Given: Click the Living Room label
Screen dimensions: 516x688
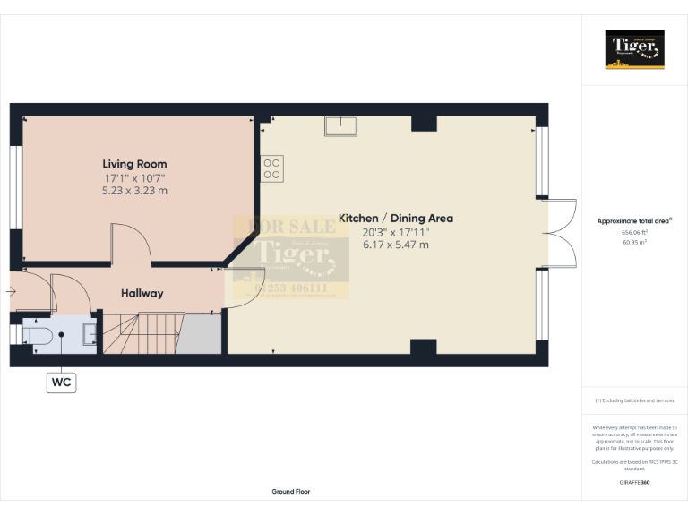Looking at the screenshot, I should click(x=134, y=164).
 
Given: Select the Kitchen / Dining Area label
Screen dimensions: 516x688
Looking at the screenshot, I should click(x=395, y=218).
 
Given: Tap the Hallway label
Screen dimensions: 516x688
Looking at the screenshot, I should click(x=142, y=293).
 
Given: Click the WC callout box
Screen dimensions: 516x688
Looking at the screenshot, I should click(x=62, y=383).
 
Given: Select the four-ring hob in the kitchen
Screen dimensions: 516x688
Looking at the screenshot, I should click(x=272, y=168).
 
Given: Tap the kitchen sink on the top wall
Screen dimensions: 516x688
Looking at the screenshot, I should click(x=340, y=127).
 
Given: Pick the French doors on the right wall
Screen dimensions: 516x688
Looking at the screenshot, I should click(x=561, y=232).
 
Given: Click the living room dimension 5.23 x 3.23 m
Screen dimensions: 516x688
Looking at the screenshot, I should click(x=134, y=191).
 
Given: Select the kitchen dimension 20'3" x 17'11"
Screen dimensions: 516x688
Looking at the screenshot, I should click(x=395, y=231).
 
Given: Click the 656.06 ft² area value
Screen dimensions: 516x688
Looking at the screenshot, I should click(x=634, y=232).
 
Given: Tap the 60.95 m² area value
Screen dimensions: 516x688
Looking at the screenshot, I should click(x=634, y=242).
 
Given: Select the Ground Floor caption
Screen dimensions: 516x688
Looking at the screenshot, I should click(x=291, y=492).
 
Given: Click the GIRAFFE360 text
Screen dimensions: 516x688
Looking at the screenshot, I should click(x=634, y=483).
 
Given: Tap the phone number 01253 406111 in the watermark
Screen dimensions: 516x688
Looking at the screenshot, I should click(x=291, y=288).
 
